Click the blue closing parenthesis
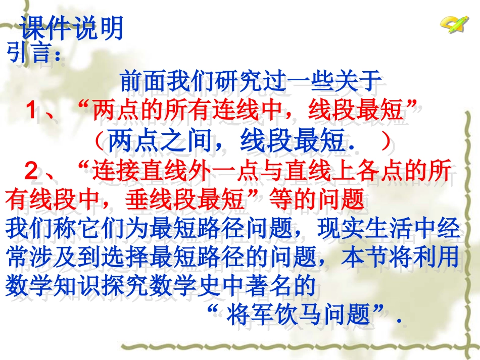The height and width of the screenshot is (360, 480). click(x=386, y=141)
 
